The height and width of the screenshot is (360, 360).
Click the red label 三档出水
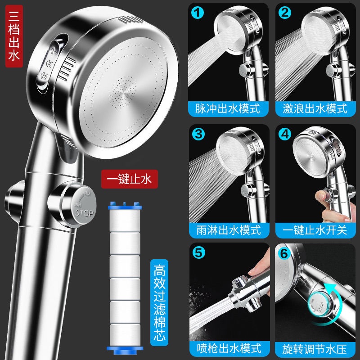point(14,36)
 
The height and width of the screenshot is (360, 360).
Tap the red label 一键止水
point(130,179)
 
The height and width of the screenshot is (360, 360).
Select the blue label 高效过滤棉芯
point(159,302)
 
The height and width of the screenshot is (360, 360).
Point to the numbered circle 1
point(198,13)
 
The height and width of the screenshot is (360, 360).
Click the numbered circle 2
point(285,13)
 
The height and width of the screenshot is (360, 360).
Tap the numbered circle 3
point(198,134)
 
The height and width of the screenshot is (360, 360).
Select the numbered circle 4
point(285,134)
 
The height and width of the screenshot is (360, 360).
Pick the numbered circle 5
point(198,252)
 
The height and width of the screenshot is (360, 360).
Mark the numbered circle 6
point(284,253)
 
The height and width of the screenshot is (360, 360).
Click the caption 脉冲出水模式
point(228,108)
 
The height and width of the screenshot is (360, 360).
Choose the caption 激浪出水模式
point(315,108)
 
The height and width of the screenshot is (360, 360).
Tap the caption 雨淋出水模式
point(229,230)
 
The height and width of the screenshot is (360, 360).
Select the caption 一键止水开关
point(315,230)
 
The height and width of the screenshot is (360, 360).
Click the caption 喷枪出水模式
point(229,348)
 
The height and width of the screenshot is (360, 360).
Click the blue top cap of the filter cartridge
point(125,206)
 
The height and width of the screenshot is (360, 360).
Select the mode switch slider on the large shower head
point(49,64)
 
